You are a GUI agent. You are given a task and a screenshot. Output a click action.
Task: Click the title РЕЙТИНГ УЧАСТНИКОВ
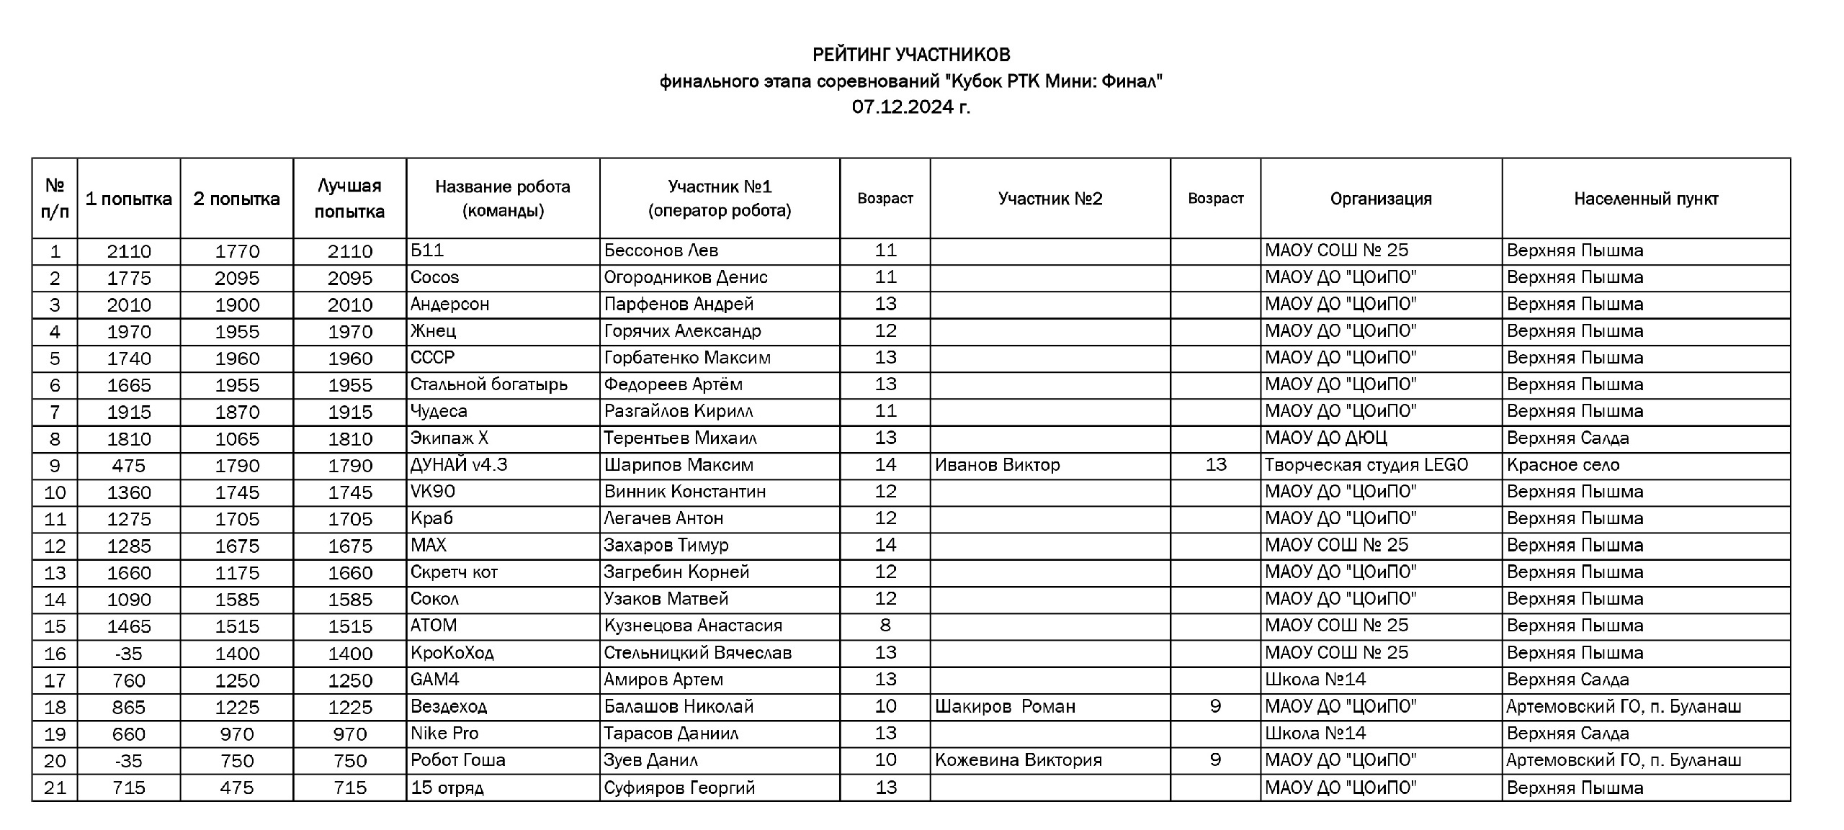(x=911, y=55)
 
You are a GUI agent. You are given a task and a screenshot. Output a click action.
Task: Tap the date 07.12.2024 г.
(x=911, y=107)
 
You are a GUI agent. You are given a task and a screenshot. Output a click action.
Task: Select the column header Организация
(x=1380, y=199)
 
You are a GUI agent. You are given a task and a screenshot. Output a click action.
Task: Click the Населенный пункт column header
(x=1646, y=199)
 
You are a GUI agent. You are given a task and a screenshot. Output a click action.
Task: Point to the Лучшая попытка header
(x=349, y=199)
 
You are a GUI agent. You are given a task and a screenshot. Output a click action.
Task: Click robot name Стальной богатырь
(x=489, y=384)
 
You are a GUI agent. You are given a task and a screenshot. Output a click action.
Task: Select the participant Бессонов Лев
(x=661, y=251)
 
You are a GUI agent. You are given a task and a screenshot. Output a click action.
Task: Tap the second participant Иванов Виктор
(x=997, y=465)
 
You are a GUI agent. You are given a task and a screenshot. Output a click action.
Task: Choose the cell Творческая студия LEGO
(x=1366, y=465)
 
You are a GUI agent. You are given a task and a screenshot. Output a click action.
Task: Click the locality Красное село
(x=1563, y=465)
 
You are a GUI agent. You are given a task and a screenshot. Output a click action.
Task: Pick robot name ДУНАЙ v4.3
(x=459, y=465)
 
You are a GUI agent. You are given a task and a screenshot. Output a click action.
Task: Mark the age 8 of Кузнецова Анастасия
(x=885, y=626)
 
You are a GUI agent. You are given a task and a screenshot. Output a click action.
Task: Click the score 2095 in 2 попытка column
(x=237, y=278)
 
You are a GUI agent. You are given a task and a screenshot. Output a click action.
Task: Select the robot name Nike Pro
(x=444, y=734)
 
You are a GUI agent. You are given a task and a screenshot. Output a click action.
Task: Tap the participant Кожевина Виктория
(x=1019, y=760)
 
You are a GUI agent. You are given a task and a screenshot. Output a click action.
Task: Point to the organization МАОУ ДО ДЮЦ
(x=1326, y=438)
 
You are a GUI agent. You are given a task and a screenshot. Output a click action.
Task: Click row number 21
(x=55, y=788)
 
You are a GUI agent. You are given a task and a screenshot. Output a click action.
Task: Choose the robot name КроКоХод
(x=452, y=653)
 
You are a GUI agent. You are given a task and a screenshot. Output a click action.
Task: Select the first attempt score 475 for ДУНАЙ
(x=129, y=466)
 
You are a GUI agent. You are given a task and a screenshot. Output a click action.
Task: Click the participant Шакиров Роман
(x=1005, y=706)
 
